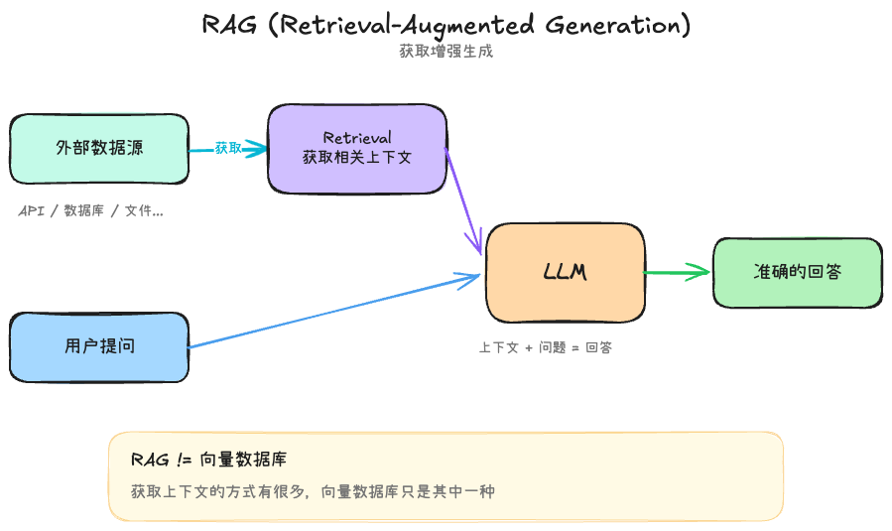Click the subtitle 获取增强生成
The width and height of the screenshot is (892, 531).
coord(446,52)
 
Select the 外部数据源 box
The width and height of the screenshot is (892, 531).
coord(99,149)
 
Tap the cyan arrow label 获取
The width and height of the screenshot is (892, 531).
coord(228,148)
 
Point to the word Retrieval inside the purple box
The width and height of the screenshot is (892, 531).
coord(357,137)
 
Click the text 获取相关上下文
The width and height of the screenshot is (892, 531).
coord(357,157)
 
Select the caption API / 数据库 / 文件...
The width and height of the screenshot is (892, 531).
coord(90,211)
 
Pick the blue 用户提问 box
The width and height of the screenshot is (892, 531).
coord(99,346)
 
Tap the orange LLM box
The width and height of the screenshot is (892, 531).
coord(565,272)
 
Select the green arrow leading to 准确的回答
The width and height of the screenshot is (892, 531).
coord(677,272)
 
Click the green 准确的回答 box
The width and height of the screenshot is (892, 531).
coord(797,272)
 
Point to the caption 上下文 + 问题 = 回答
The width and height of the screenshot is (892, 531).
coord(545,348)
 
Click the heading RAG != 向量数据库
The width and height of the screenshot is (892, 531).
coord(209,460)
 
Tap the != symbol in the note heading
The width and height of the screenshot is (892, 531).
coord(182,460)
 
